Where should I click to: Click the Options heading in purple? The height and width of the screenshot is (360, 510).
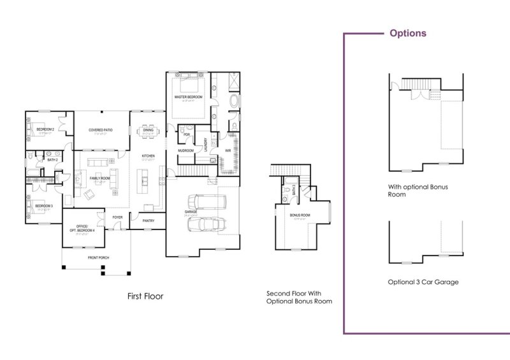click(408, 33)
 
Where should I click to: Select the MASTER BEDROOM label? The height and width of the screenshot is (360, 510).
click(188, 97)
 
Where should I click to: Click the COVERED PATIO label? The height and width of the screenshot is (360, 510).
click(101, 130)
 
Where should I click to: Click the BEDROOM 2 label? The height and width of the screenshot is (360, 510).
click(45, 129)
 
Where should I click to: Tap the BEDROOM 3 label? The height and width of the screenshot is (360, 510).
click(43, 206)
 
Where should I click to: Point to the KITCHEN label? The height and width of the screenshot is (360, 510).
click(148, 156)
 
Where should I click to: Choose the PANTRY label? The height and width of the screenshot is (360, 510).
click(149, 221)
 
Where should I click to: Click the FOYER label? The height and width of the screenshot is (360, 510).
click(117, 217)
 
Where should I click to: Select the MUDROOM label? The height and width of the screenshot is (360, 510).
click(186, 151)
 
